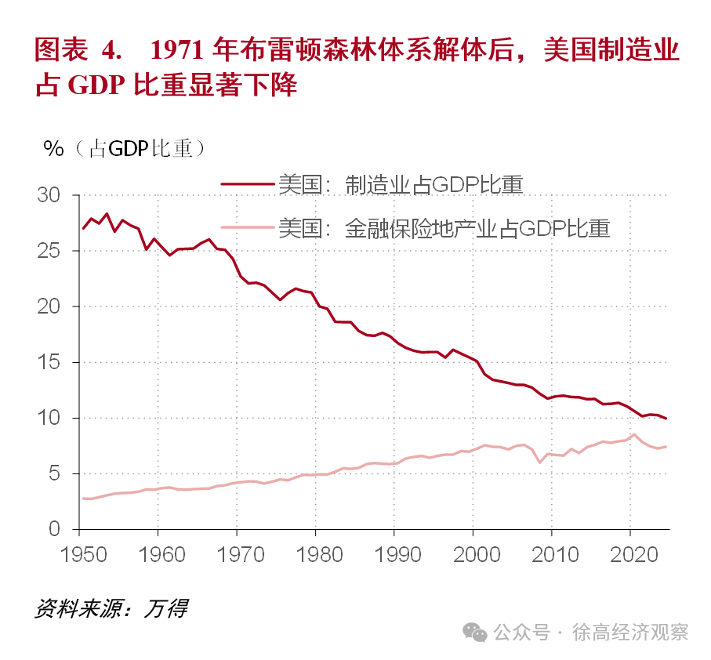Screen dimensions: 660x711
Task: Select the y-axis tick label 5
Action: tap(55, 473)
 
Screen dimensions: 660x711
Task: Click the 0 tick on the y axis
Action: tap(55, 529)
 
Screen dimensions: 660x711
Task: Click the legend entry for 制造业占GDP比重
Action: tap(400, 184)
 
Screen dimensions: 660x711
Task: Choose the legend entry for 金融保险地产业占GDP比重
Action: tap(443, 228)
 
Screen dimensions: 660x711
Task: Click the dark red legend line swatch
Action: tap(248, 184)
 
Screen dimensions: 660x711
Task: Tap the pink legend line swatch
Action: tap(248, 228)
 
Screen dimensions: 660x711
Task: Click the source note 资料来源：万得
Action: tap(111, 607)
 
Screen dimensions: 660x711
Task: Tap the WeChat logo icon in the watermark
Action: tap(474, 631)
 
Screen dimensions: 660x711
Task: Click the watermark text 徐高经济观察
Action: tap(631, 632)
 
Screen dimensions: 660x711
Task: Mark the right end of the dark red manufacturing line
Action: tap(666, 419)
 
